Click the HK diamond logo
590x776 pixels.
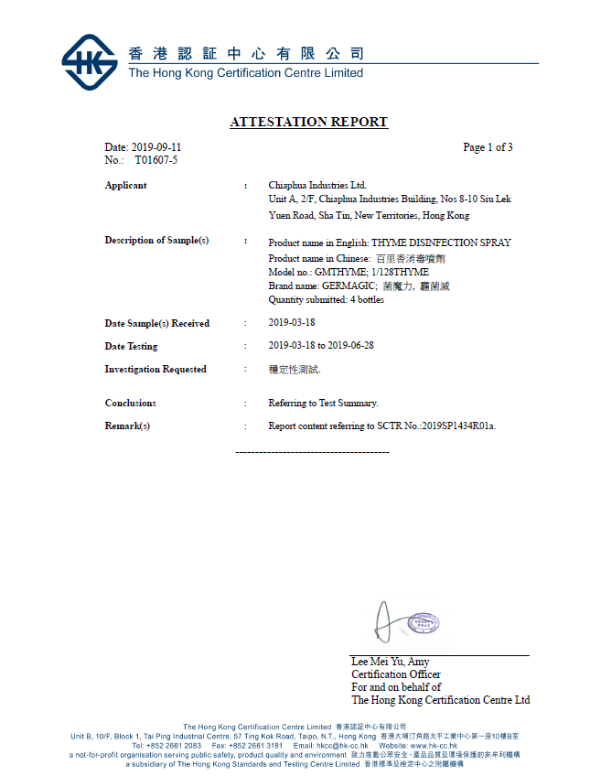pyautogui.click(x=90, y=62)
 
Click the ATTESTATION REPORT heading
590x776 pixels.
pyautogui.click(x=308, y=122)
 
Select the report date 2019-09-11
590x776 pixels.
pyautogui.click(x=156, y=147)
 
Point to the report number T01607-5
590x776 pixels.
pyautogui.click(x=156, y=160)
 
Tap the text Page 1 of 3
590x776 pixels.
pyautogui.click(x=488, y=147)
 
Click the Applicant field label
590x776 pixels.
pyautogui.click(x=125, y=186)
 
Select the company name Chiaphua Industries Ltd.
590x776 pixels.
pyautogui.click(x=316, y=186)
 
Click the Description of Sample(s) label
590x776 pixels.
pyautogui.click(x=156, y=241)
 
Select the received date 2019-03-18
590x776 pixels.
pyautogui.click(x=292, y=323)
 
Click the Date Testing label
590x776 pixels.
pyautogui.click(x=131, y=346)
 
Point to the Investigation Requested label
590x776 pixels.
pyautogui.click(x=156, y=370)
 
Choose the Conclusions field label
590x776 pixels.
pyautogui.click(x=130, y=403)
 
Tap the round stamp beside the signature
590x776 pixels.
pyautogui.click(x=423, y=624)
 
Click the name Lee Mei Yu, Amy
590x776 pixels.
pyautogui.click(x=391, y=662)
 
